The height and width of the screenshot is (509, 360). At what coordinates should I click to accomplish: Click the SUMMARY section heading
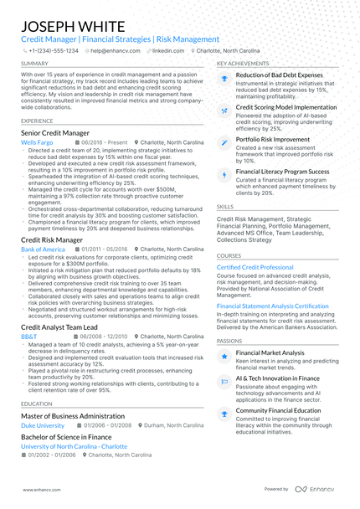(34, 64)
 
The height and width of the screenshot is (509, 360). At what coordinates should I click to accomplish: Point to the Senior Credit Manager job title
(56, 132)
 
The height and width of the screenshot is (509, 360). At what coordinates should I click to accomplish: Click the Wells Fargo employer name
(36, 143)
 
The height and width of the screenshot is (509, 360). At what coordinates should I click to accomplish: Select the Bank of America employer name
(43, 249)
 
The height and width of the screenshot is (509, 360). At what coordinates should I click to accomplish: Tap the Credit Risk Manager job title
(52, 239)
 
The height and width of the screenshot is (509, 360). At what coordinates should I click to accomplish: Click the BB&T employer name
(28, 337)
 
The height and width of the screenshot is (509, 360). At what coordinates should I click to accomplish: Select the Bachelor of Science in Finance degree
(65, 437)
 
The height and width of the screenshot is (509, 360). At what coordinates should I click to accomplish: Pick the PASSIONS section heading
(230, 342)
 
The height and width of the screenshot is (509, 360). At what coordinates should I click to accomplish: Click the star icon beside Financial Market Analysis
(224, 356)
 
